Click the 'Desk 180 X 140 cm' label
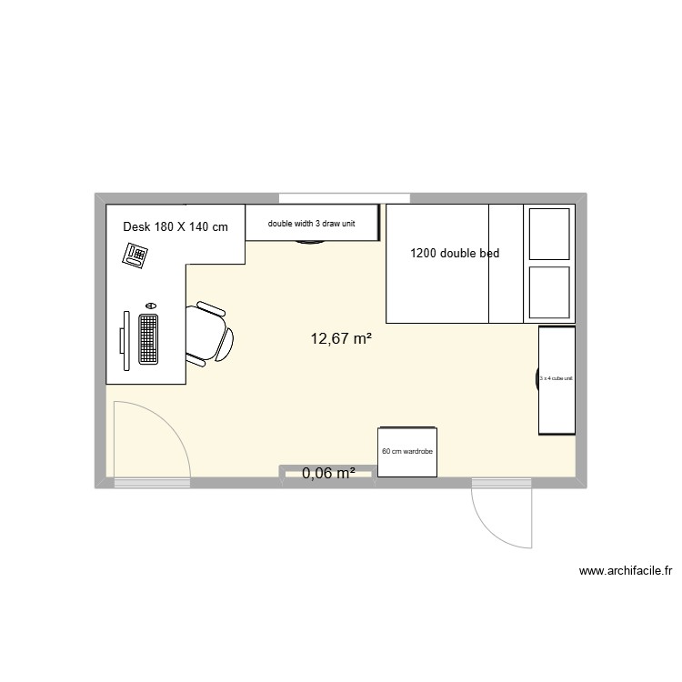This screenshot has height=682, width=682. click(176, 226)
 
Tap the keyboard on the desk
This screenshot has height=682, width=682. click(148, 339)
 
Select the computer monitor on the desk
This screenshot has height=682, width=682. click(124, 339)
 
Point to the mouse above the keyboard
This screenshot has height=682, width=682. click(150, 306)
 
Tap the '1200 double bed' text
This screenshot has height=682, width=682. click(455, 254)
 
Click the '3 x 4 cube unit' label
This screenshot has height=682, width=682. click(556, 379)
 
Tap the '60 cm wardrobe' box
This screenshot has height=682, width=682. click(407, 451)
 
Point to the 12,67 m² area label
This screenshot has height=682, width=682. click(341, 339)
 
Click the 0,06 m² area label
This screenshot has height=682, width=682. click(327, 473)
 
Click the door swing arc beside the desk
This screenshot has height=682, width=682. click(164, 427)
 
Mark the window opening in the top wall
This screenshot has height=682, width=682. click(343, 198)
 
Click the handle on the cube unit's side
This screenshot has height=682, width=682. click(536, 380)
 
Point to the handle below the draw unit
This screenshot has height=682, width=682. click(311, 243)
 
